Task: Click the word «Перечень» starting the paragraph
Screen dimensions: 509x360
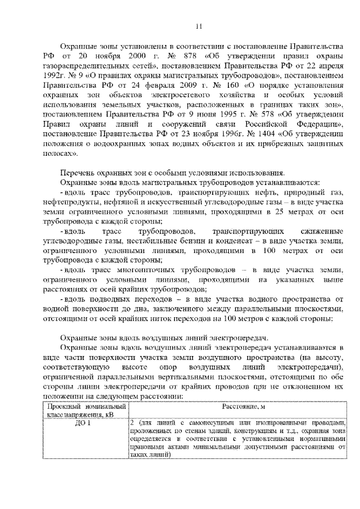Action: [78, 173]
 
